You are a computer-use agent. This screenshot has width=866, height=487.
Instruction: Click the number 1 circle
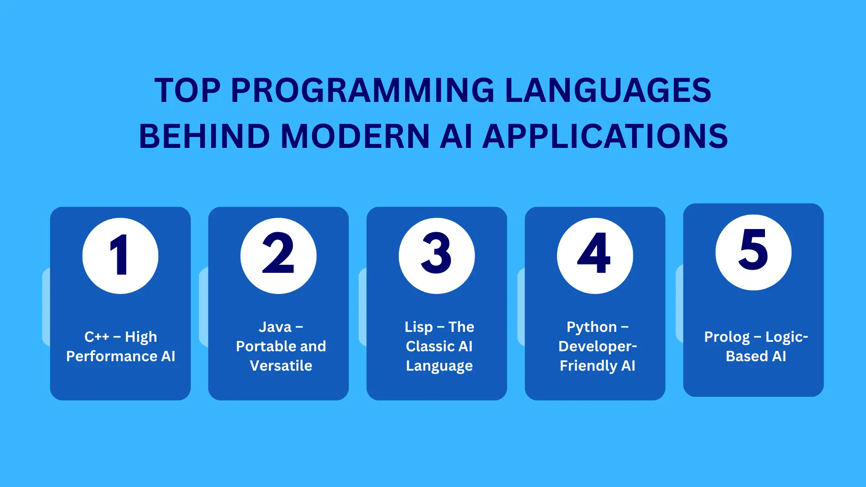tap(120, 256)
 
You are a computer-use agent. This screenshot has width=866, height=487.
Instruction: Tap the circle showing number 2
tap(278, 256)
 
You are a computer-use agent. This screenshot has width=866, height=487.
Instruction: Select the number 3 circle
tap(437, 256)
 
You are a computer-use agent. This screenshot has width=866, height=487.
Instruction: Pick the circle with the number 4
tap(595, 256)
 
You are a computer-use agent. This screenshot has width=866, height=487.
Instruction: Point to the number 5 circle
tap(753, 253)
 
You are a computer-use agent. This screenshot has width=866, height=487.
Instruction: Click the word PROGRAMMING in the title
tap(363, 90)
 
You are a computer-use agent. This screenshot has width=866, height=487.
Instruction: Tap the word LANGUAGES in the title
tap(608, 90)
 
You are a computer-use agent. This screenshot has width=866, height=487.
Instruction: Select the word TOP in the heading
tap(188, 90)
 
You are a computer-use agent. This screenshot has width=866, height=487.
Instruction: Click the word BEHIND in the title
tap(204, 136)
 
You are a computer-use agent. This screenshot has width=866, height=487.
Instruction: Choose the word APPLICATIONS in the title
tap(605, 136)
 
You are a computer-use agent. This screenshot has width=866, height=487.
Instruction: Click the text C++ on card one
tap(97, 337)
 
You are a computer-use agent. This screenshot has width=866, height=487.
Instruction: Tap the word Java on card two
tap(275, 327)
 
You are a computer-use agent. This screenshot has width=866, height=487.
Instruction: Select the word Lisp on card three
tap(419, 327)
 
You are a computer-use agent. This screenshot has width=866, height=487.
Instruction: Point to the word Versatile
tap(281, 366)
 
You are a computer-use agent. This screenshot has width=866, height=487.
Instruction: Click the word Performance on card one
tap(112, 356)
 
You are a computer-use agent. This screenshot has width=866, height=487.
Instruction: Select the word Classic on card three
tap(430, 346)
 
